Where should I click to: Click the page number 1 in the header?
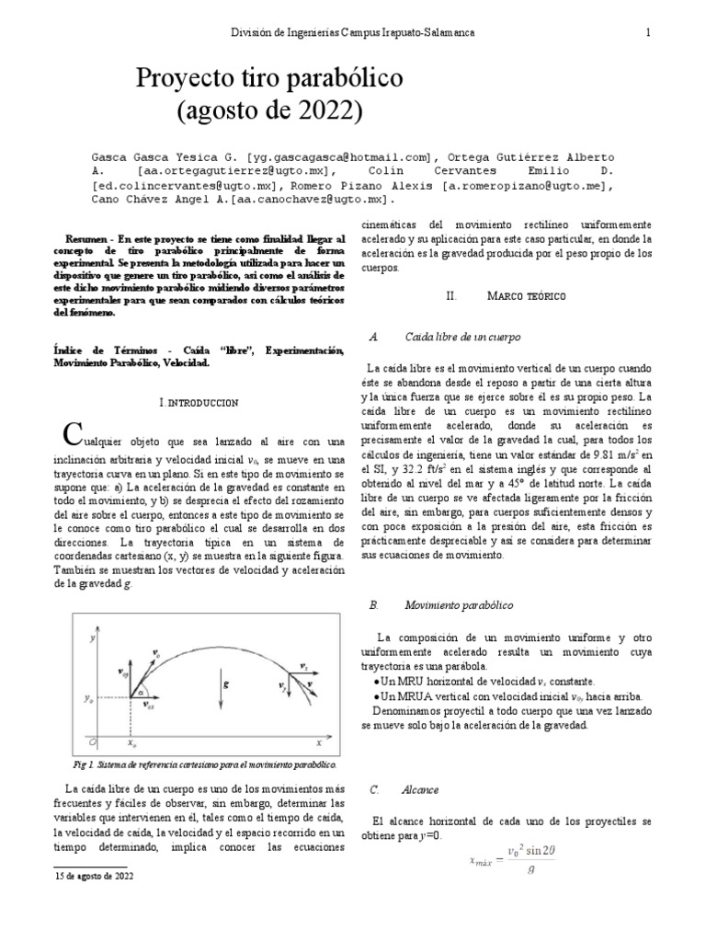tap(648, 32)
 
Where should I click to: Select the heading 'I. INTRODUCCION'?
tap(198, 403)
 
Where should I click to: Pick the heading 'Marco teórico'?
tap(527, 296)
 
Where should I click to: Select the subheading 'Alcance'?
tap(421, 789)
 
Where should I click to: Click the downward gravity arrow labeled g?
tap(223, 684)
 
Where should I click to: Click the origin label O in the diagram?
tap(90, 740)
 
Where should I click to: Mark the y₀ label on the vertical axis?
tap(88, 699)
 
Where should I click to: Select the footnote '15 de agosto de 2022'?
tap(94, 877)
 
